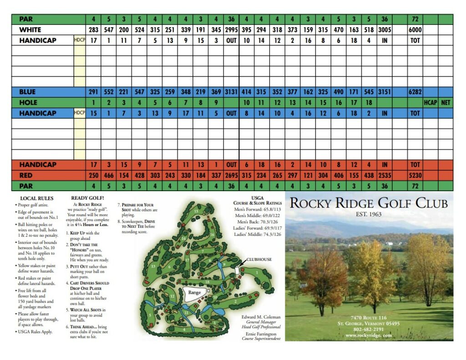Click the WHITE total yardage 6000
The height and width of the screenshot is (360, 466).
coord(415,30)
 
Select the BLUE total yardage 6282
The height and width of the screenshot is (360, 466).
coord(415,92)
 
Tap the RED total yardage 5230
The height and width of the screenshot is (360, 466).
coord(415,175)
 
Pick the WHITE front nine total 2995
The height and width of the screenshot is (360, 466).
coord(231,30)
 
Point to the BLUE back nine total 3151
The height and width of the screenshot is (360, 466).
coord(385,92)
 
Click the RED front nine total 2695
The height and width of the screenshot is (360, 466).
coord(231,175)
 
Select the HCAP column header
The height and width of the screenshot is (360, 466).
coord(430,103)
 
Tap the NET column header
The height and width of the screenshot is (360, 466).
coord(446,103)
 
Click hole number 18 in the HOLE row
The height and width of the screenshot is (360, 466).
coord(369,103)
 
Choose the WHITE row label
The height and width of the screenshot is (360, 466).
coord(30,30)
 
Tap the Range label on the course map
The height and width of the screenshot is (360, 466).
coord(194,293)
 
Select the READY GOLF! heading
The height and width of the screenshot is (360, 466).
coord(87,198)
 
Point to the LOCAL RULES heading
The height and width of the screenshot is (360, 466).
coord(37,198)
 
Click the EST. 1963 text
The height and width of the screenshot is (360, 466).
coord(369,214)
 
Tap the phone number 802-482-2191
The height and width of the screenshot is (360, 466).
coord(369,329)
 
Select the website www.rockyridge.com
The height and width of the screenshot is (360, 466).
coord(369,335)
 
